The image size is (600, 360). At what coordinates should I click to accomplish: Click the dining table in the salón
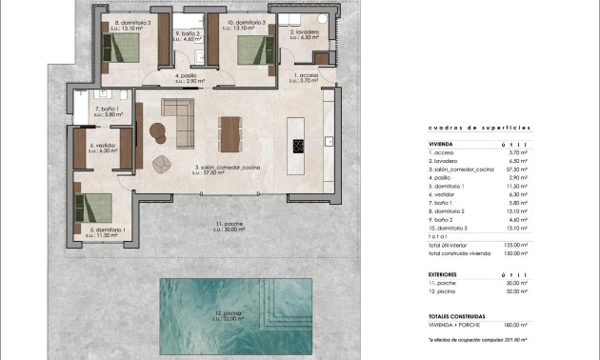click(x=230, y=132)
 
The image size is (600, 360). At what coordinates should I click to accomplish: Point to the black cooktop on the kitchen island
click(x=297, y=147)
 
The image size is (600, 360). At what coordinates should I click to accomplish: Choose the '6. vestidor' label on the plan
click(x=103, y=148)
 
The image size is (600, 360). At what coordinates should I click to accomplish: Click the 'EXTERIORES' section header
click(x=447, y=273)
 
